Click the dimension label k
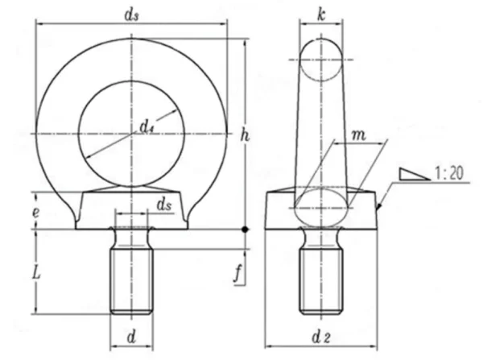[x=321, y=15]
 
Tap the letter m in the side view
[x=359, y=135]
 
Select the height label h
[x=245, y=135]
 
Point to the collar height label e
[x=36, y=213]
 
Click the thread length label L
[x=37, y=273]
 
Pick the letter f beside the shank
[x=237, y=273]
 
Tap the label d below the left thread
[x=131, y=337]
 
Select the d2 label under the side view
[x=321, y=337]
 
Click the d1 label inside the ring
[x=147, y=126]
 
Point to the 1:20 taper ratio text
[x=449, y=173]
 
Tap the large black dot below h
[x=245, y=230]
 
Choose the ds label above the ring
[x=131, y=15]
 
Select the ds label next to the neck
[x=164, y=205]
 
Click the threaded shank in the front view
[x=131, y=281]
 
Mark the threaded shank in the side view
[x=321, y=281]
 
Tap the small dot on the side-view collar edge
[x=380, y=205]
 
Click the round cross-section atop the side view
[x=321, y=60]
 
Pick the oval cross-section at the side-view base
[x=321, y=208]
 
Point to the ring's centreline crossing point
[x=131, y=134]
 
